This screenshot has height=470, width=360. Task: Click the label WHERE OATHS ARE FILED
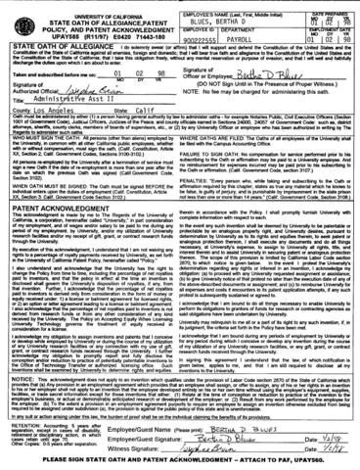221,150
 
